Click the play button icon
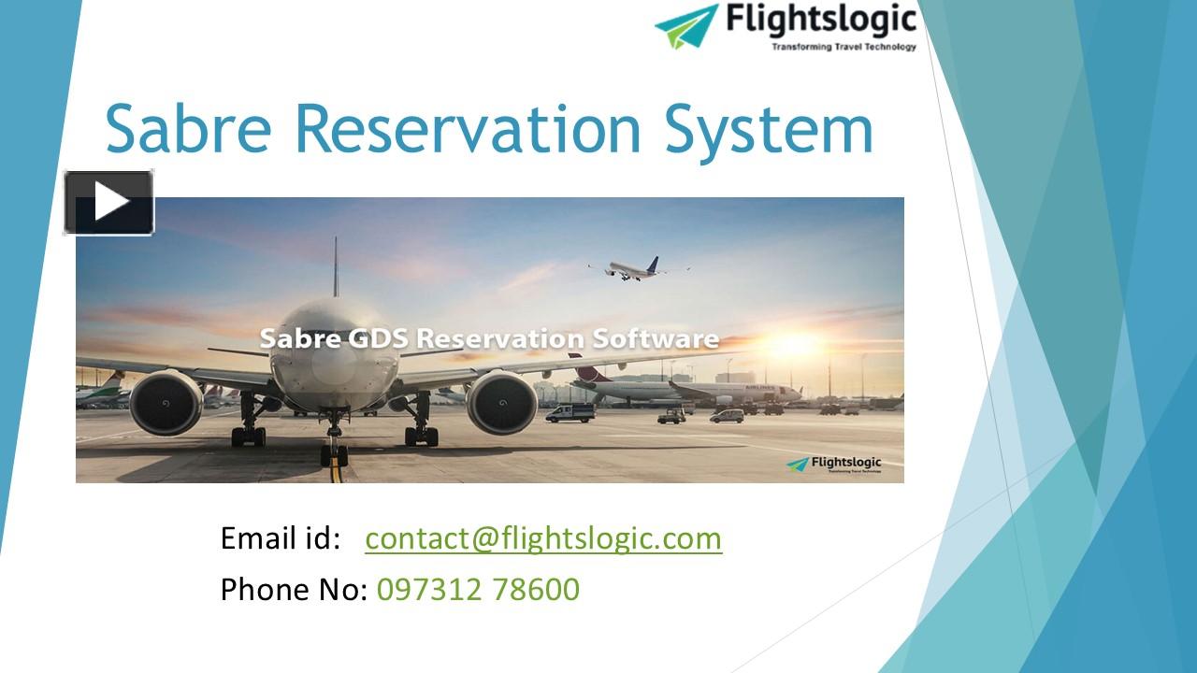[109, 202]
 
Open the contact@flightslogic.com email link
[543, 538]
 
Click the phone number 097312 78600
[478, 590]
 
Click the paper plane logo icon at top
[687, 25]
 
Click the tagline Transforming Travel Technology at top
[844, 46]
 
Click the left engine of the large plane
[166, 403]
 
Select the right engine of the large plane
[501, 403]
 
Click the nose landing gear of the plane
[334, 449]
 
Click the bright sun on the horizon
[794, 345]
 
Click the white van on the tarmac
[570, 412]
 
